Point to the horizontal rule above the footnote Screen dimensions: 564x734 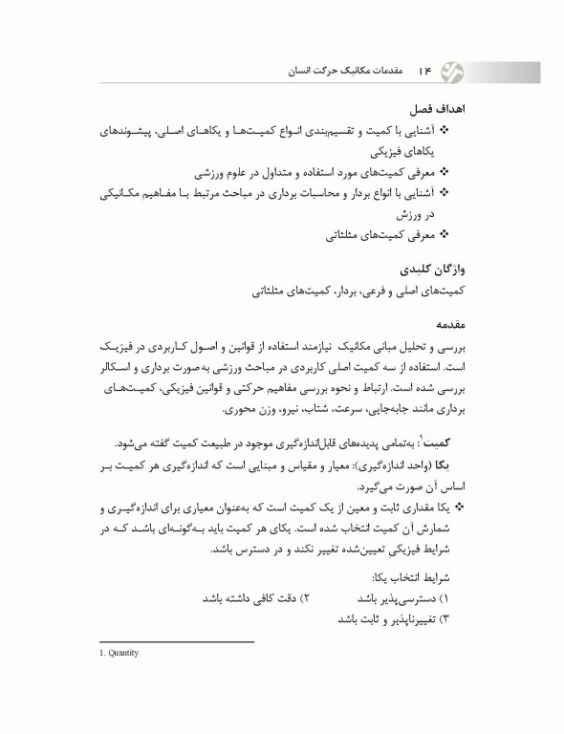pyautogui.click(x=176, y=642)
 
